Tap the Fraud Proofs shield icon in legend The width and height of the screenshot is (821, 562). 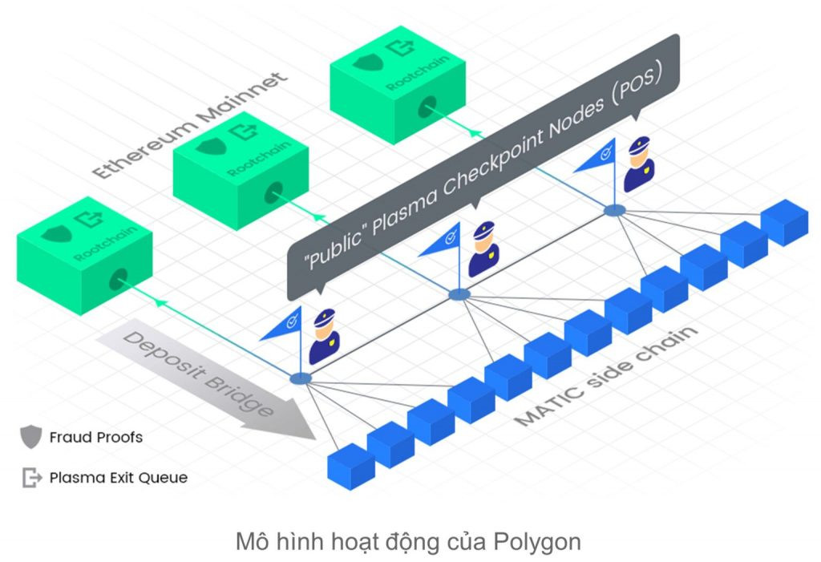[x=31, y=436]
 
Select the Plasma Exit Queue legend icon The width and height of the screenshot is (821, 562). [x=31, y=477]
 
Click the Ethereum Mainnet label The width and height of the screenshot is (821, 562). [x=189, y=125]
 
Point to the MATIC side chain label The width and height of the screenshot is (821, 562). [x=606, y=375]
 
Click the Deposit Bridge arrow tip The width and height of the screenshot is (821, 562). [x=314, y=438]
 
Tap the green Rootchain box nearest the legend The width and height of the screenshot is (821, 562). [x=85, y=256]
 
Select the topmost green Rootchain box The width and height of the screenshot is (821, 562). [x=398, y=85]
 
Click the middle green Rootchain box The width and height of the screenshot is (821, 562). [x=241, y=171]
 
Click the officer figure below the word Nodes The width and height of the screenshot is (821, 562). [x=639, y=164]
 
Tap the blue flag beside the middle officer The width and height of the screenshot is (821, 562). [x=442, y=241]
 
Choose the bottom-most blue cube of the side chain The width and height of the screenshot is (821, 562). [x=351, y=467]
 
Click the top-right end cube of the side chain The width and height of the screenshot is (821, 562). [x=784, y=223]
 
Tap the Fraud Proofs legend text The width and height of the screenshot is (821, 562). [x=96, y=438]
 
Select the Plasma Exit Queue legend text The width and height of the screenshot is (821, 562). [x=119, y=478]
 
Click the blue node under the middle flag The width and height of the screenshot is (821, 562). [x=459, y=295]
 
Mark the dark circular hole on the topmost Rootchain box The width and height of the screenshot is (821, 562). [x=427, y=107]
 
